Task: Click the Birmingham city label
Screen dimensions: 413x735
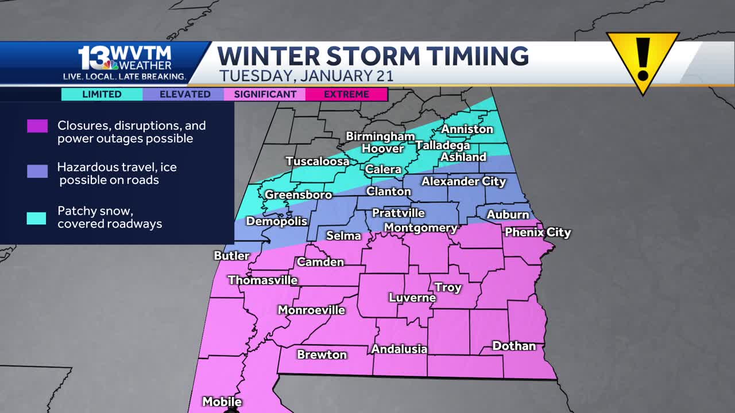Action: [x=380, y=137]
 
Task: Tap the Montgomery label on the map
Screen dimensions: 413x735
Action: [x=420, y=228]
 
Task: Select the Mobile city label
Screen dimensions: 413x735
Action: [x=222, y=402]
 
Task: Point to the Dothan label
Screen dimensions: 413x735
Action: [x=514, y=346]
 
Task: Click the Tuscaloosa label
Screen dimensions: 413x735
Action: [x=318, y=161]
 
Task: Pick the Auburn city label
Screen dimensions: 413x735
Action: [x=508, y=215]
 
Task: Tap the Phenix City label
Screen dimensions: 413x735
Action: [x=537, y=232]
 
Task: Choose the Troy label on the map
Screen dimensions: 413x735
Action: [x=448, y=287]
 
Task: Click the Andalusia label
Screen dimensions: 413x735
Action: [x=399, y=349]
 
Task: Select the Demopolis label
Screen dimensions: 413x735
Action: [x=277, y=221]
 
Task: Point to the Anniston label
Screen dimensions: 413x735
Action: [x=467, y=129]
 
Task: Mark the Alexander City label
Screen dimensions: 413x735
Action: [x=463, y=181]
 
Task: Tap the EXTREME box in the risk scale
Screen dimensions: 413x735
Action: [x=346, y=94]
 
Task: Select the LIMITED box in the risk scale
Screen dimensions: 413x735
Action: [x=102, y=94]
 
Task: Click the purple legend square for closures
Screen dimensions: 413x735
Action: [x=37, y=126]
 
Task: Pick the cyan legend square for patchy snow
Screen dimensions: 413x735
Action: [x=37, y=218]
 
